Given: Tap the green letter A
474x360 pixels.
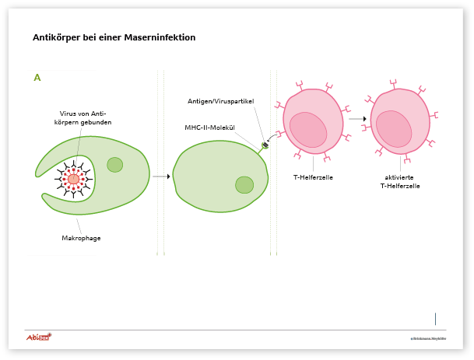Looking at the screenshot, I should [37, 78].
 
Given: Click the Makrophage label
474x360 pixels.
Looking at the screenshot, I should [81, 238].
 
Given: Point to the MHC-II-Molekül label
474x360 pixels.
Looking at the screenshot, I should [209, 128].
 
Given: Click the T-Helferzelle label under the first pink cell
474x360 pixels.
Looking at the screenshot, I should [314, 177].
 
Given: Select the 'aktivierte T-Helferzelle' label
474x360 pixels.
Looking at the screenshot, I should [400, 182].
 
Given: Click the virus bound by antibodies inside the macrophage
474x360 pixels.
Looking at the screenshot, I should [74, 179].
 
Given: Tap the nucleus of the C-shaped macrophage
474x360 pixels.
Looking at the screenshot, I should [115, 165].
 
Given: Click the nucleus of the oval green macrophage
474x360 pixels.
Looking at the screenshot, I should [244, 184].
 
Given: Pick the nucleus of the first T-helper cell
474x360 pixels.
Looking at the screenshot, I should [308, 130].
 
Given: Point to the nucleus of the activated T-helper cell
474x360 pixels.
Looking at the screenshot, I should [394, 128].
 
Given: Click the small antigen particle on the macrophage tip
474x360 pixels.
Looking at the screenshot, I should [265, 145].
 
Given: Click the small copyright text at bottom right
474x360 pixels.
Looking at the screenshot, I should [428, 339].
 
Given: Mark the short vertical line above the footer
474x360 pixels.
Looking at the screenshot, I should [435, 318].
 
